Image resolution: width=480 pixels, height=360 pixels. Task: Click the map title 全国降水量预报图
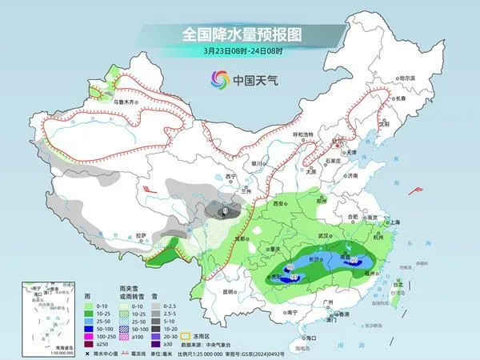point(240,34)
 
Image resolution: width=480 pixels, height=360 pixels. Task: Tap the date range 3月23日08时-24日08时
point(240,53)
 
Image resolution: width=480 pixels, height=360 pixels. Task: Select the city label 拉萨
point(141,235)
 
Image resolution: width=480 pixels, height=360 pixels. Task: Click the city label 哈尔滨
point(407,78)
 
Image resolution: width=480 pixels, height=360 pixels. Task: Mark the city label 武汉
point(324,236)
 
